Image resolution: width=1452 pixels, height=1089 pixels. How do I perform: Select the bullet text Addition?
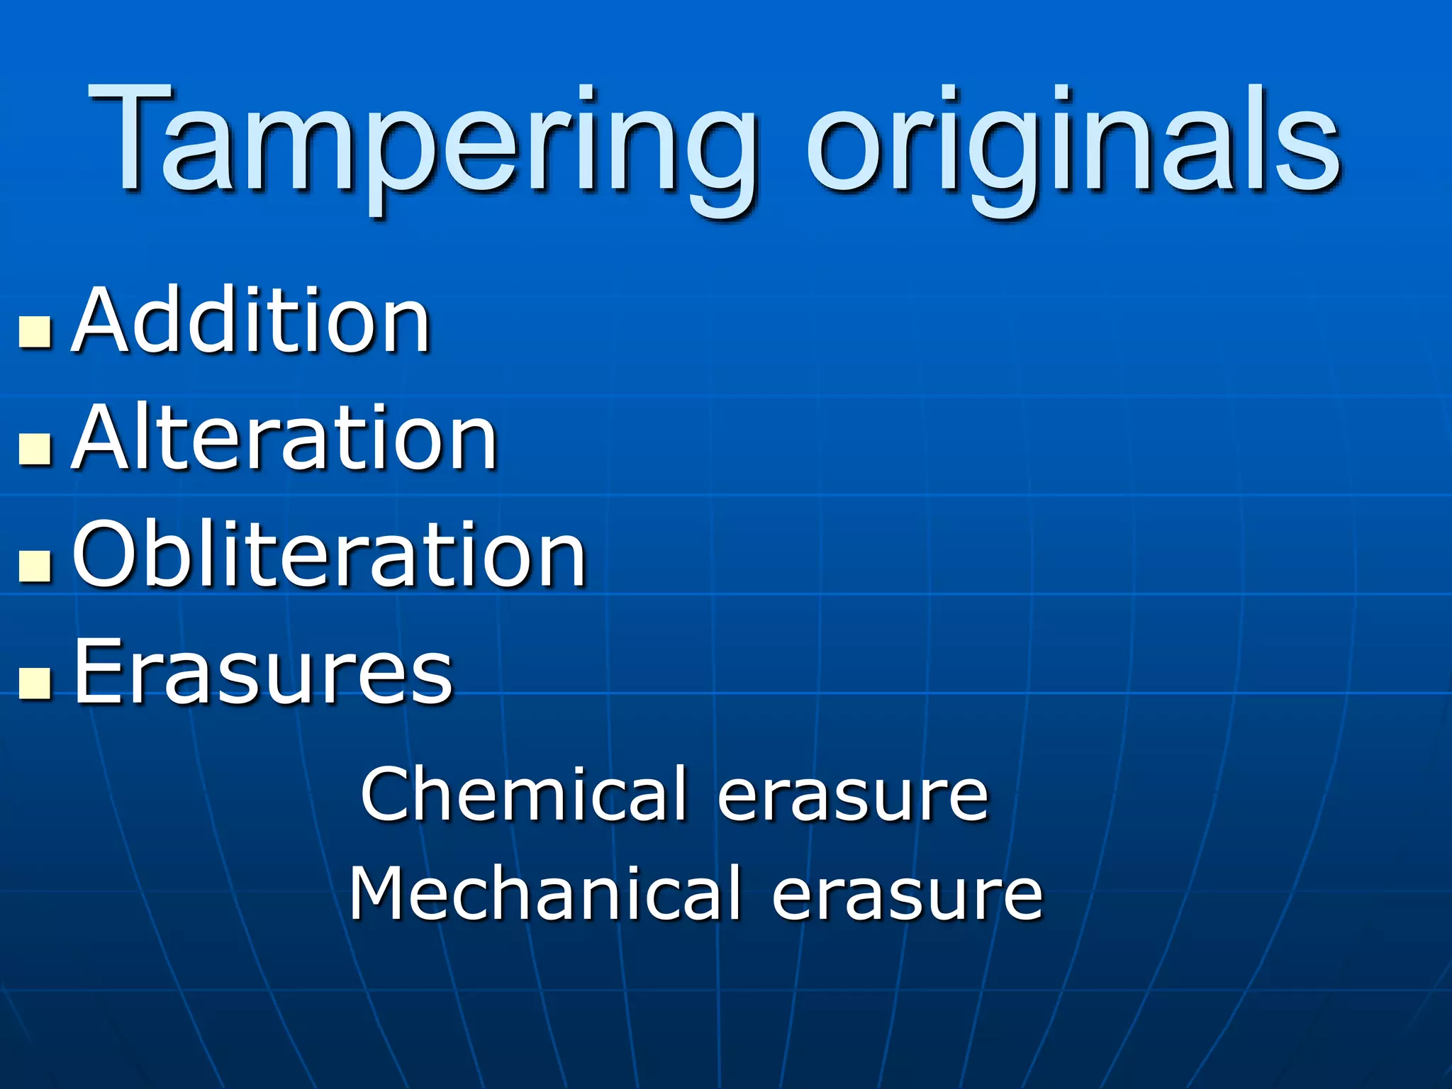click(252, 320)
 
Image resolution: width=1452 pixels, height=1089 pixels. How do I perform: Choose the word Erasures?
click(263, 671)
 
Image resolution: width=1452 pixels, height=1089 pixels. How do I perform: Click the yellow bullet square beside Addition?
click(35, 332)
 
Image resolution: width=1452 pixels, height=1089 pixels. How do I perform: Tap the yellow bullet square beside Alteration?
click(35, 449)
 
